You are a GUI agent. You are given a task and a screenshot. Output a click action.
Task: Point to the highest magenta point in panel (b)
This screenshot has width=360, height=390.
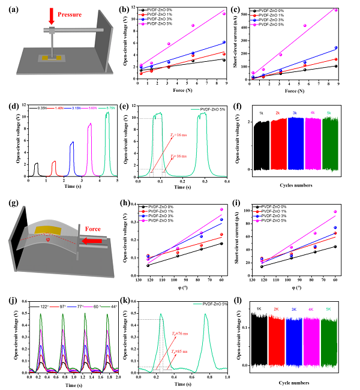[224, 14]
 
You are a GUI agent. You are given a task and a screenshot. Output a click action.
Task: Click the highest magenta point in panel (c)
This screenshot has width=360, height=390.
[336, 10]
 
